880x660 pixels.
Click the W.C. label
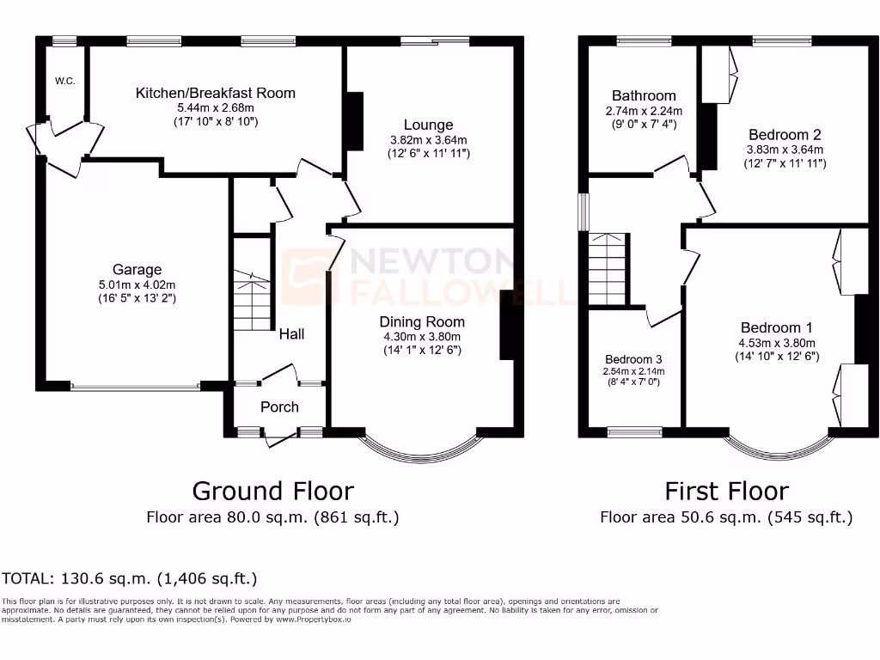[x=64, y=81]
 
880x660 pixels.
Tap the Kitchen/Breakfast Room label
[x=215, y=93]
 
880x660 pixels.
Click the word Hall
[x=290, y=333]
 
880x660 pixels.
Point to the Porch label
[x=279, y=406]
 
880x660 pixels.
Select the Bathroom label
[x=644, y=95]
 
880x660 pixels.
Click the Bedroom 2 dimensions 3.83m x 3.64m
[x=785, y=149]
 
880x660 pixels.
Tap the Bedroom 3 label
[x=633, y=358]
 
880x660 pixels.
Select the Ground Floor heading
[x=272, y=491]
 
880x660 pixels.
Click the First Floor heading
[x=726, y=491]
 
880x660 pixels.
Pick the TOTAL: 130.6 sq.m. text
[x=130, y=578]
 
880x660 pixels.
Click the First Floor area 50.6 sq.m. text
[x=726, y=517]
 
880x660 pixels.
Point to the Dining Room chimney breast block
[x=507, y=324]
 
